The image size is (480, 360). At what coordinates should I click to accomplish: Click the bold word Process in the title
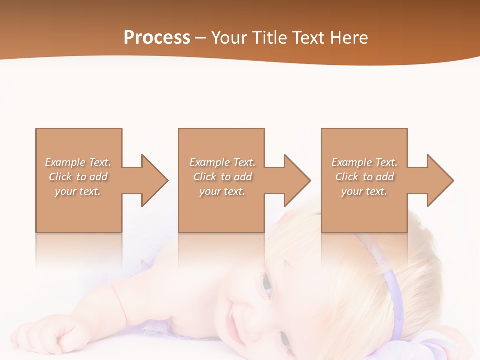pos(157,38)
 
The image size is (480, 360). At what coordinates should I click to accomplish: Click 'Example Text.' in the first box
pos(78,162)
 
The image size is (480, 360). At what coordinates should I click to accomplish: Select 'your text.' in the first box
pos(78,191)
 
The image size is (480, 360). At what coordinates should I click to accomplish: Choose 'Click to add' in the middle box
pos(222,177)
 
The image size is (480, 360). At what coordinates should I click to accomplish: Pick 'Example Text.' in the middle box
pos(222,162)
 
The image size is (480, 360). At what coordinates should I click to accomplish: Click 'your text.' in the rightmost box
pos(364,191)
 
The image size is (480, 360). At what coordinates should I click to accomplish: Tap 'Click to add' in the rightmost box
pos(364,177)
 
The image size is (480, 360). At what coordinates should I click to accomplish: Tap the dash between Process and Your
pos(200,38)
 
